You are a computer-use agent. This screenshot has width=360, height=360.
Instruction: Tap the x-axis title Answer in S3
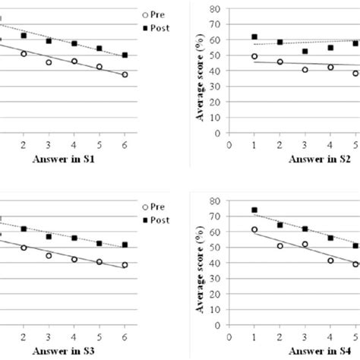point(62,352)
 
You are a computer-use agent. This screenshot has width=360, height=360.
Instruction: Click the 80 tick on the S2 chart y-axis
point(216,10)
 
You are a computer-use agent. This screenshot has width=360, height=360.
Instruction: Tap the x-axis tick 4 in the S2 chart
point(330,144)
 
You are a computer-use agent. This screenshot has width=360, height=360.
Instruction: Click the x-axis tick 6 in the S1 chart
point(125,144)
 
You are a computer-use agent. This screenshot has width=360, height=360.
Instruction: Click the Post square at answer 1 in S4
point(254,210)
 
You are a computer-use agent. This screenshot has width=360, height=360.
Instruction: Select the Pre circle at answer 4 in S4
point(330,261)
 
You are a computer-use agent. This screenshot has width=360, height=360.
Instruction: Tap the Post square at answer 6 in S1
point(125,55)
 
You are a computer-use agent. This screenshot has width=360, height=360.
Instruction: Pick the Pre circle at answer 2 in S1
point(23,54)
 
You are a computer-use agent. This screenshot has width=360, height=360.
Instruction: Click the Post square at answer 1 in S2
point(254,36)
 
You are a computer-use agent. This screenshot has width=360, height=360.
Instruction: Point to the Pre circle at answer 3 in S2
point(305,70)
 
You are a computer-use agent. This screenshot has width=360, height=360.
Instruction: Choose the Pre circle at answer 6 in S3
point(125,265)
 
